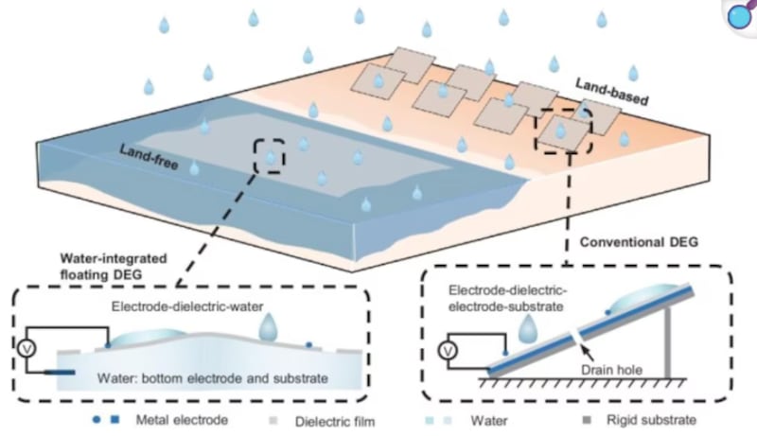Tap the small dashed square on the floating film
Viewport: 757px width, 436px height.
coord(271,156)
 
